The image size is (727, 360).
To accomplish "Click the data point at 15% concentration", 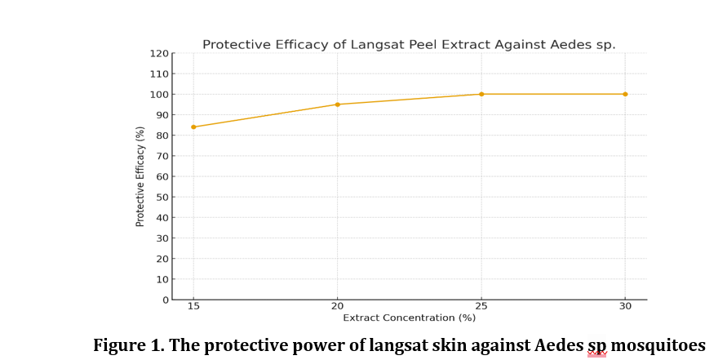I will [193, 127].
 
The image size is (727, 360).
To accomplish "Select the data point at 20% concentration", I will [338, 104].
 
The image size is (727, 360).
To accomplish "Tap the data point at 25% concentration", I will [481, 94].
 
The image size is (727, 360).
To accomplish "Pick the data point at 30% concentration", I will [625, 94].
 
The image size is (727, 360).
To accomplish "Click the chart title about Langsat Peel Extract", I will [409, 44].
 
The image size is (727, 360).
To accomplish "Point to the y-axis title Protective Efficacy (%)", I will [140, 176].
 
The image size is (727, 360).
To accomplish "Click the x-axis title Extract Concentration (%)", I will [409, 317].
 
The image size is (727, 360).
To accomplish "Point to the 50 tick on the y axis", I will [162, 197].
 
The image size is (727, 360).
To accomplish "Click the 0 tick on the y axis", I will [165, 300].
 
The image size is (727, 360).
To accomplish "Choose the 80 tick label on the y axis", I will [162, 136].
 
